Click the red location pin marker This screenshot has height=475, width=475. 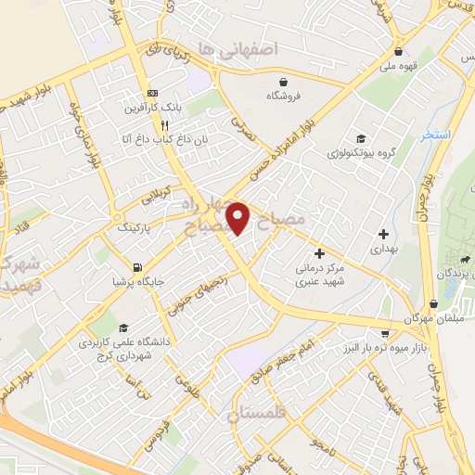(239, 218)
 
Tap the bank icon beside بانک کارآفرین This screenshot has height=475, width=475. (153, 93)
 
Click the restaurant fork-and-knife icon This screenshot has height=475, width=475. (164, 124)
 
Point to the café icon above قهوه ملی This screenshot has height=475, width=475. (398, 52)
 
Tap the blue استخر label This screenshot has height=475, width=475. (434, 135)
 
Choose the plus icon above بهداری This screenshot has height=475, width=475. (383, 233)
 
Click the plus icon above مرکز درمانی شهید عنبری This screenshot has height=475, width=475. (319, 253)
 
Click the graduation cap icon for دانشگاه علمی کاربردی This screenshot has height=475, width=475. (123, 327)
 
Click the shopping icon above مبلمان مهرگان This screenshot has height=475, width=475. (434, 303)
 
